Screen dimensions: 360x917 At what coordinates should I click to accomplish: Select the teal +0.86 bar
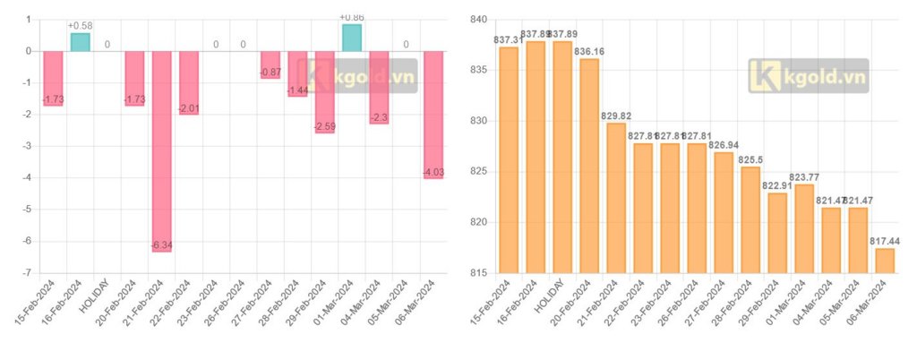352,38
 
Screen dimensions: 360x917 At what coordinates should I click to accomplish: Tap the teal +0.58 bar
80,41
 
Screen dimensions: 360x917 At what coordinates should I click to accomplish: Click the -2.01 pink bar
189,82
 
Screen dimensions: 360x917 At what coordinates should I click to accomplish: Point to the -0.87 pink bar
270,64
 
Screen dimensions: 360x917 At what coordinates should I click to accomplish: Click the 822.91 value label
777,185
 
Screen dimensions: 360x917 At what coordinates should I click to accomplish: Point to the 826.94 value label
724,144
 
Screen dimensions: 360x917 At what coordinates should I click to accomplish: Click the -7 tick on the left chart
28,272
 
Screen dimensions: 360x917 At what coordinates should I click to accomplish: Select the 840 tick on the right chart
477,20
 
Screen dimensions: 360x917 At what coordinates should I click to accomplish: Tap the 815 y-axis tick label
477,272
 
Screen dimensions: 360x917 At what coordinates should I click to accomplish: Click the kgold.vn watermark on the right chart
809,77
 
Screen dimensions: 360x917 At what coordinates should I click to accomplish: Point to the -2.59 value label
324,126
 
